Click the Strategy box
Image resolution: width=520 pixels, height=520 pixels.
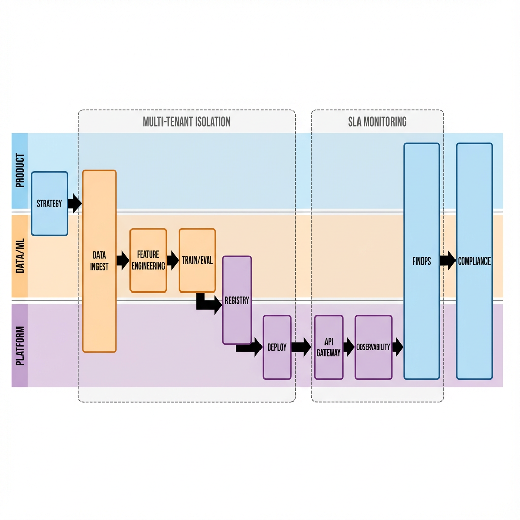(49, 204)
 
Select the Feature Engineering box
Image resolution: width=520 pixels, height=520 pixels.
(148, 260)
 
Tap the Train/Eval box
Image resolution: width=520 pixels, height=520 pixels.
(197, 261)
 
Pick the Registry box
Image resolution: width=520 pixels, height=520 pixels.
(237, 300)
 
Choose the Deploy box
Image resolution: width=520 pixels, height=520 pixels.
(277, 347)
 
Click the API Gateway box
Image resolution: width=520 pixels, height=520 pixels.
(329, 347)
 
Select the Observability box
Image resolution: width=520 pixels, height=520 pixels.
(373, 347)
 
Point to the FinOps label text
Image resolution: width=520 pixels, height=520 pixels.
(421, 261)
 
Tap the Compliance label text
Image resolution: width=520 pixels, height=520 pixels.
(474, 261)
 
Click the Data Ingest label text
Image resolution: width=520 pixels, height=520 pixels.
(100, 261)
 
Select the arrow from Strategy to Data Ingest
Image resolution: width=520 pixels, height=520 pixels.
(75, 203)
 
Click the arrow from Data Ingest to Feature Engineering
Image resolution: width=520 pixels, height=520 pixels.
(122, 261)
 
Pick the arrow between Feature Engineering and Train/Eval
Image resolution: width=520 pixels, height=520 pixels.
(173, 261)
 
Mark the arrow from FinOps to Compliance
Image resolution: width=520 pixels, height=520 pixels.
(447, 261)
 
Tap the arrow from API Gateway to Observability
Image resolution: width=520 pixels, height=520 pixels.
(349, 347)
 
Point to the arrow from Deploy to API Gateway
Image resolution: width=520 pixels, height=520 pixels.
(302, 347)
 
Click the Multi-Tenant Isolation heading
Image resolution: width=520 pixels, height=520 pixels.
(186, 122)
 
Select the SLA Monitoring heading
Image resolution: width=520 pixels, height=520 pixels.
(377, 122)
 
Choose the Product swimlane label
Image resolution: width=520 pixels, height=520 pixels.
(20, 171)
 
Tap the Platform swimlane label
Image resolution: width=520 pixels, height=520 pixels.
(20, 345)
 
